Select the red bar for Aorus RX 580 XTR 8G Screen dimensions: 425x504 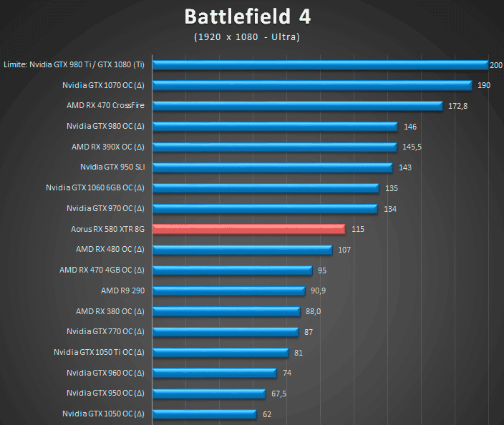[x=249, y=229]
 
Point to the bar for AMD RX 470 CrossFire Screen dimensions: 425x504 [x=298, y=106]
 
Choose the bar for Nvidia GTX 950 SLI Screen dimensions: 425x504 [x=273, y=167]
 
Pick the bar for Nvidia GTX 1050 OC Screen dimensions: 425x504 [x=205, y=414]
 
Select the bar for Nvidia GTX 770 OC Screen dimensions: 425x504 [x=226, y=331]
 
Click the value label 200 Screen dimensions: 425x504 [x=496, y=65]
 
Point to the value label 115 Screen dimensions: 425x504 [x=359, y=229]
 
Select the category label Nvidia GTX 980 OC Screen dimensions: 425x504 [x=105, y=127]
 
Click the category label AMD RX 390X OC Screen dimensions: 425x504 [x=107, y=147]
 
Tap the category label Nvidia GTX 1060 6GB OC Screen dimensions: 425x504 [x=94, y=188]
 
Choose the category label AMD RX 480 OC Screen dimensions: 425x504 [x=110, y=250]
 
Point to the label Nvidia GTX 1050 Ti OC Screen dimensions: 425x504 [x=99, y=352]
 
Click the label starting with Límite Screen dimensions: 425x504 [x=74, y=65]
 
